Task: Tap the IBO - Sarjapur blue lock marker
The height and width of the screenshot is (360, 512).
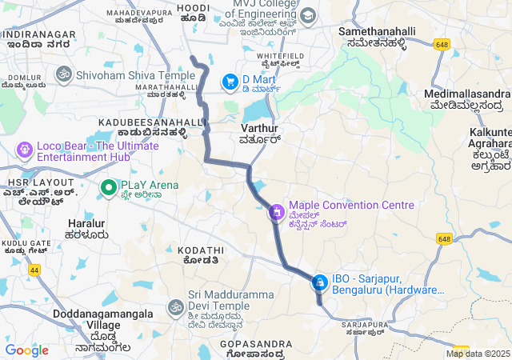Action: (319, 282)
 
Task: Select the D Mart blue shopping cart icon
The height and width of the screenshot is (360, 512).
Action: (230, 81)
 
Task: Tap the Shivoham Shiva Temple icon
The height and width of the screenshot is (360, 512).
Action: (63, 74)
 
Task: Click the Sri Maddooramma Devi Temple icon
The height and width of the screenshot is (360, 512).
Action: (175, 306)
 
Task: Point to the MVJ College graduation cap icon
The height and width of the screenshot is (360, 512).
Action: (307, 16)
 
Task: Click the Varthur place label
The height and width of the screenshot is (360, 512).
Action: (258, 128)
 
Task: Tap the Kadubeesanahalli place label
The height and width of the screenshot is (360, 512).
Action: (152, 122)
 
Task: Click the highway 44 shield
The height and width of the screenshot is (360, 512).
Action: (34, 271)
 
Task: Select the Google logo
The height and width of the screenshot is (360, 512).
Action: (26, 350)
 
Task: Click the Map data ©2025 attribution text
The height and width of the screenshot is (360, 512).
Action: (478, 354)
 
